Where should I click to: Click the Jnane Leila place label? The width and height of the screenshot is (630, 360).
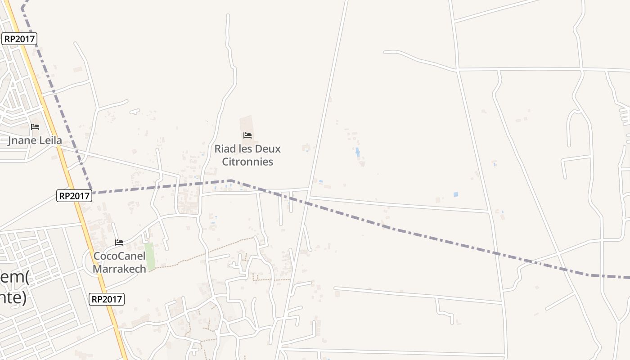tap(35, 140)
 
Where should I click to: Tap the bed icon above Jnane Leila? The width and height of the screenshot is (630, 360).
tap(35, 127)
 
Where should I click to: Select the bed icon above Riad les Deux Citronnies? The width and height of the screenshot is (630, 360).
tap(247, 135)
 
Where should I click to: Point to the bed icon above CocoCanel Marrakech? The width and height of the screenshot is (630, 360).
tap(119, 243)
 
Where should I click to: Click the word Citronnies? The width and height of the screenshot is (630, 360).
tap(247, 162)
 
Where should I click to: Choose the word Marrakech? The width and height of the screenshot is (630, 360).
tap(119, 269)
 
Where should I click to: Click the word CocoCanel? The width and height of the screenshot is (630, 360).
tap(119, 256)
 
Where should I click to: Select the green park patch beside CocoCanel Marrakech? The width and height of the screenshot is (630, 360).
tap(149, 256)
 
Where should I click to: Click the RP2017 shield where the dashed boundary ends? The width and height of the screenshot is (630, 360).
tap(74, 196)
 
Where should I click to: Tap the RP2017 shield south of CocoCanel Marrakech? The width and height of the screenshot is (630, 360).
tap(107, 299)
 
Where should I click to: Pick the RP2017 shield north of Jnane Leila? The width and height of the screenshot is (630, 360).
tap(19, 39)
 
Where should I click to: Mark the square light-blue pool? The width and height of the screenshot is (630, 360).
tap(456, 195)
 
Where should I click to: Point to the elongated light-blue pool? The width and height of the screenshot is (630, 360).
tap(358, 152)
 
